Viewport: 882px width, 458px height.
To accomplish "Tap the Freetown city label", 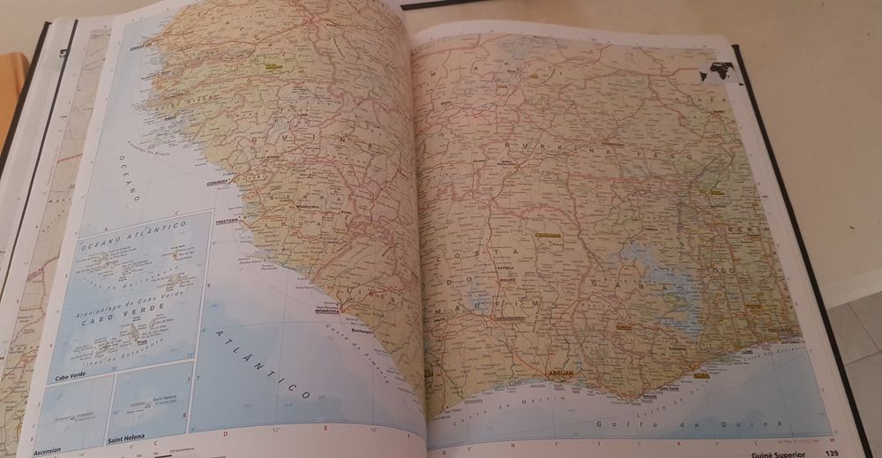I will click(228, 221).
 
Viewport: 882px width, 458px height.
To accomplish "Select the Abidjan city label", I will click(560, 374).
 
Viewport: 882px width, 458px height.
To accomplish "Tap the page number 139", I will click(831, 454).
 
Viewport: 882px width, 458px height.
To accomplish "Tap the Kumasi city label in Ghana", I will click(623, 326).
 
